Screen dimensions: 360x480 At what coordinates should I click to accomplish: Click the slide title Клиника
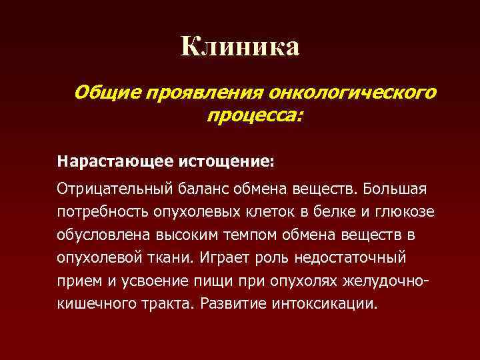point(240,47)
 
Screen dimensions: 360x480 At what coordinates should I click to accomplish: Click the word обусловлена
point(100,235)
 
